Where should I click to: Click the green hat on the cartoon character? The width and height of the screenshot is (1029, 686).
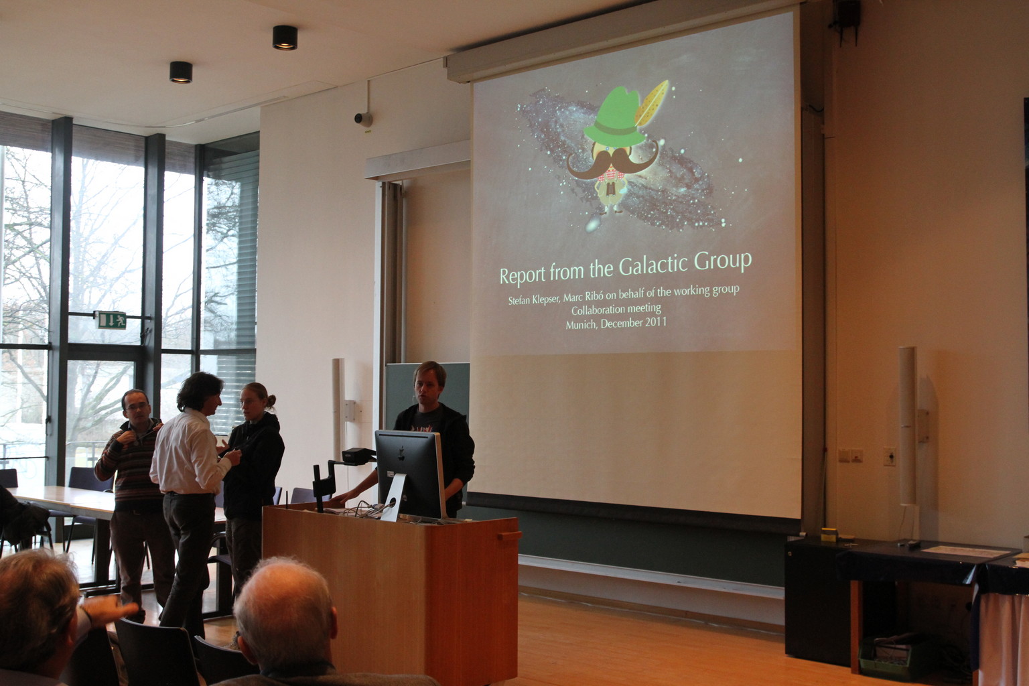tap(614, 119)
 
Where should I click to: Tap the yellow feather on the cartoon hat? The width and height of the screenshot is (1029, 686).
tap(651, 103)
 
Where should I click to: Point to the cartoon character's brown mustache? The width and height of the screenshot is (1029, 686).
tap(612, 161)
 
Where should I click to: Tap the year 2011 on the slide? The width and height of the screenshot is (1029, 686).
tap(656, 322)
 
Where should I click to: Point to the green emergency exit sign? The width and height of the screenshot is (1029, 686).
tap(111, 320)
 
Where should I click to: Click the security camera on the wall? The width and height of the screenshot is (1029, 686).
tap(363, 119)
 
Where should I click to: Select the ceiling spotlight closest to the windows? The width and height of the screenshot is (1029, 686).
tap(181, 72)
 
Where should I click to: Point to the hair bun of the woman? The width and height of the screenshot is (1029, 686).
tap(271, 401)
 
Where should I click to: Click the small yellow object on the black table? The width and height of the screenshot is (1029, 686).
tap(829, 535)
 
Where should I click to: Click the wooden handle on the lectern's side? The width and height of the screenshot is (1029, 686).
tap(509, 536)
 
